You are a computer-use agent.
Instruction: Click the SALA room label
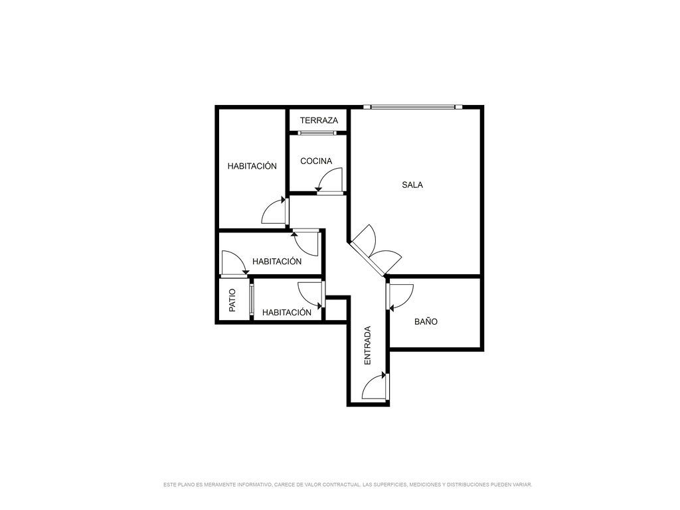[x=412, y=185]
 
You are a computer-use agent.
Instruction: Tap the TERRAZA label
[x=319, y=121]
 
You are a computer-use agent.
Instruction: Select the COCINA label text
[x=316, y=161]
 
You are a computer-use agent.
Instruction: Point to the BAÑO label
[x=426, y=321]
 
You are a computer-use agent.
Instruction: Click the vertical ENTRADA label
[x=367, y=345]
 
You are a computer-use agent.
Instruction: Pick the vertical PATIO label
[x=232, y=300]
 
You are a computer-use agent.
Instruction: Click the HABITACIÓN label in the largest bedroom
[x=252, y=165]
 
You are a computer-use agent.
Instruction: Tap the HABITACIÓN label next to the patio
[x=287, y=312]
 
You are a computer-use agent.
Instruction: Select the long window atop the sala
[x=413, y=107]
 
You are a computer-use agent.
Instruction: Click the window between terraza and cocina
[x=317, y=133]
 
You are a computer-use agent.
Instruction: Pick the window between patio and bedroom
[x=251, y=299]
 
